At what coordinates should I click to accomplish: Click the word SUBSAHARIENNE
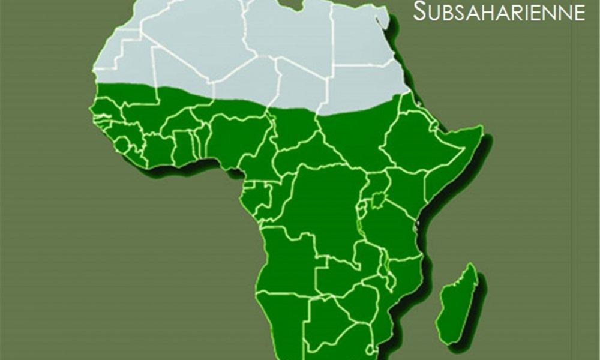click(x=499, y=11)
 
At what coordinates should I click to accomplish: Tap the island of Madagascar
click(x=457, y=303)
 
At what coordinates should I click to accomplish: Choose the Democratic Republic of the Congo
click(x=324, y=204)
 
